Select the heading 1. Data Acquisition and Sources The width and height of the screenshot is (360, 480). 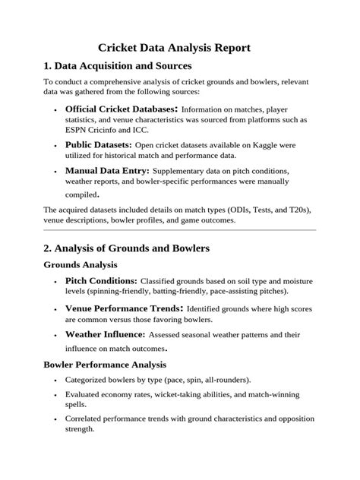point(118,67)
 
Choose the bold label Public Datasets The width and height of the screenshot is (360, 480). point(99,144)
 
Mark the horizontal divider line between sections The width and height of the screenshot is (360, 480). point(179,229)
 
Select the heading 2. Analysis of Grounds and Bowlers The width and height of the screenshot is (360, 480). point(126,248)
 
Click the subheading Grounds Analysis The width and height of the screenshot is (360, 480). point(81,265)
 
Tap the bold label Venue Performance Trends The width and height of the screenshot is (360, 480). point(124,308)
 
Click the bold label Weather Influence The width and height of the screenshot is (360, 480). point(105,333)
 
